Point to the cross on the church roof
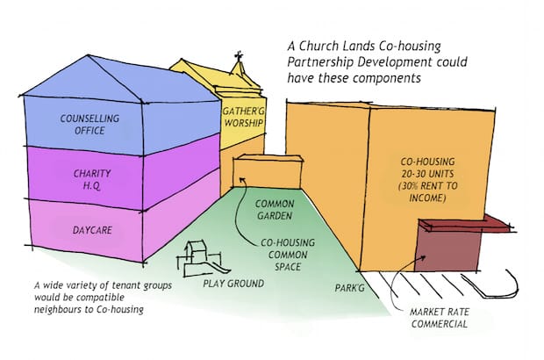pyautogui.click(x=239, y=63)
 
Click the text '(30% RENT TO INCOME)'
pyautogui.click(x=419, y=192)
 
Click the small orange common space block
pyautogui.click(x=258, y=172)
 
